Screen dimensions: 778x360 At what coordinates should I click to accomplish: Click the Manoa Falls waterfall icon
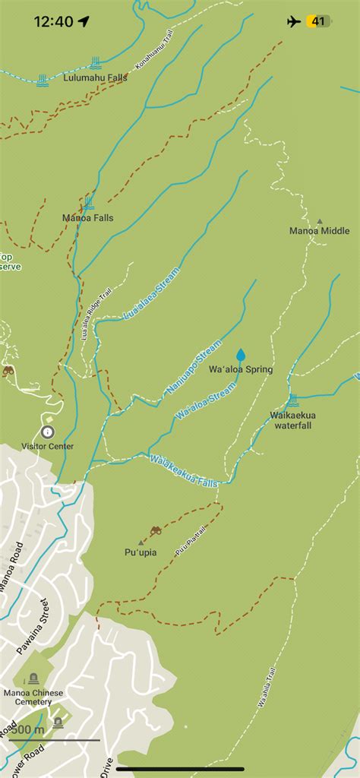pos(89,203)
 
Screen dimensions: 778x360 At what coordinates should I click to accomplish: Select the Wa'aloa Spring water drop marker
pos(241,355)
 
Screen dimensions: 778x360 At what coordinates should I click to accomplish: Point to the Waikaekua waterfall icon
pos(292,400)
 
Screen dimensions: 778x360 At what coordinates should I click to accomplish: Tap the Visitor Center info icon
pos(48,432)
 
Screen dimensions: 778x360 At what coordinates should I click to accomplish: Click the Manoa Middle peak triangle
pos(319,220)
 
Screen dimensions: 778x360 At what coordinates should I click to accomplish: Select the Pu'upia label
pos(141,552)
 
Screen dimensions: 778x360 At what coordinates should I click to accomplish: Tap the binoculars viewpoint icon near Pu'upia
pos(156,530)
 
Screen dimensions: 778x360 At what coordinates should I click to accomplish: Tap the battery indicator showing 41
pos(317,21)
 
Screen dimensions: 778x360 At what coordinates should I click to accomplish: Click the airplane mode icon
pos(294,21)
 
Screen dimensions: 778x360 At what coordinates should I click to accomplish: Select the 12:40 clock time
pos(53,21)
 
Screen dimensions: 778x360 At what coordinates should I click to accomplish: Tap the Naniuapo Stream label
pos(194,368)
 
